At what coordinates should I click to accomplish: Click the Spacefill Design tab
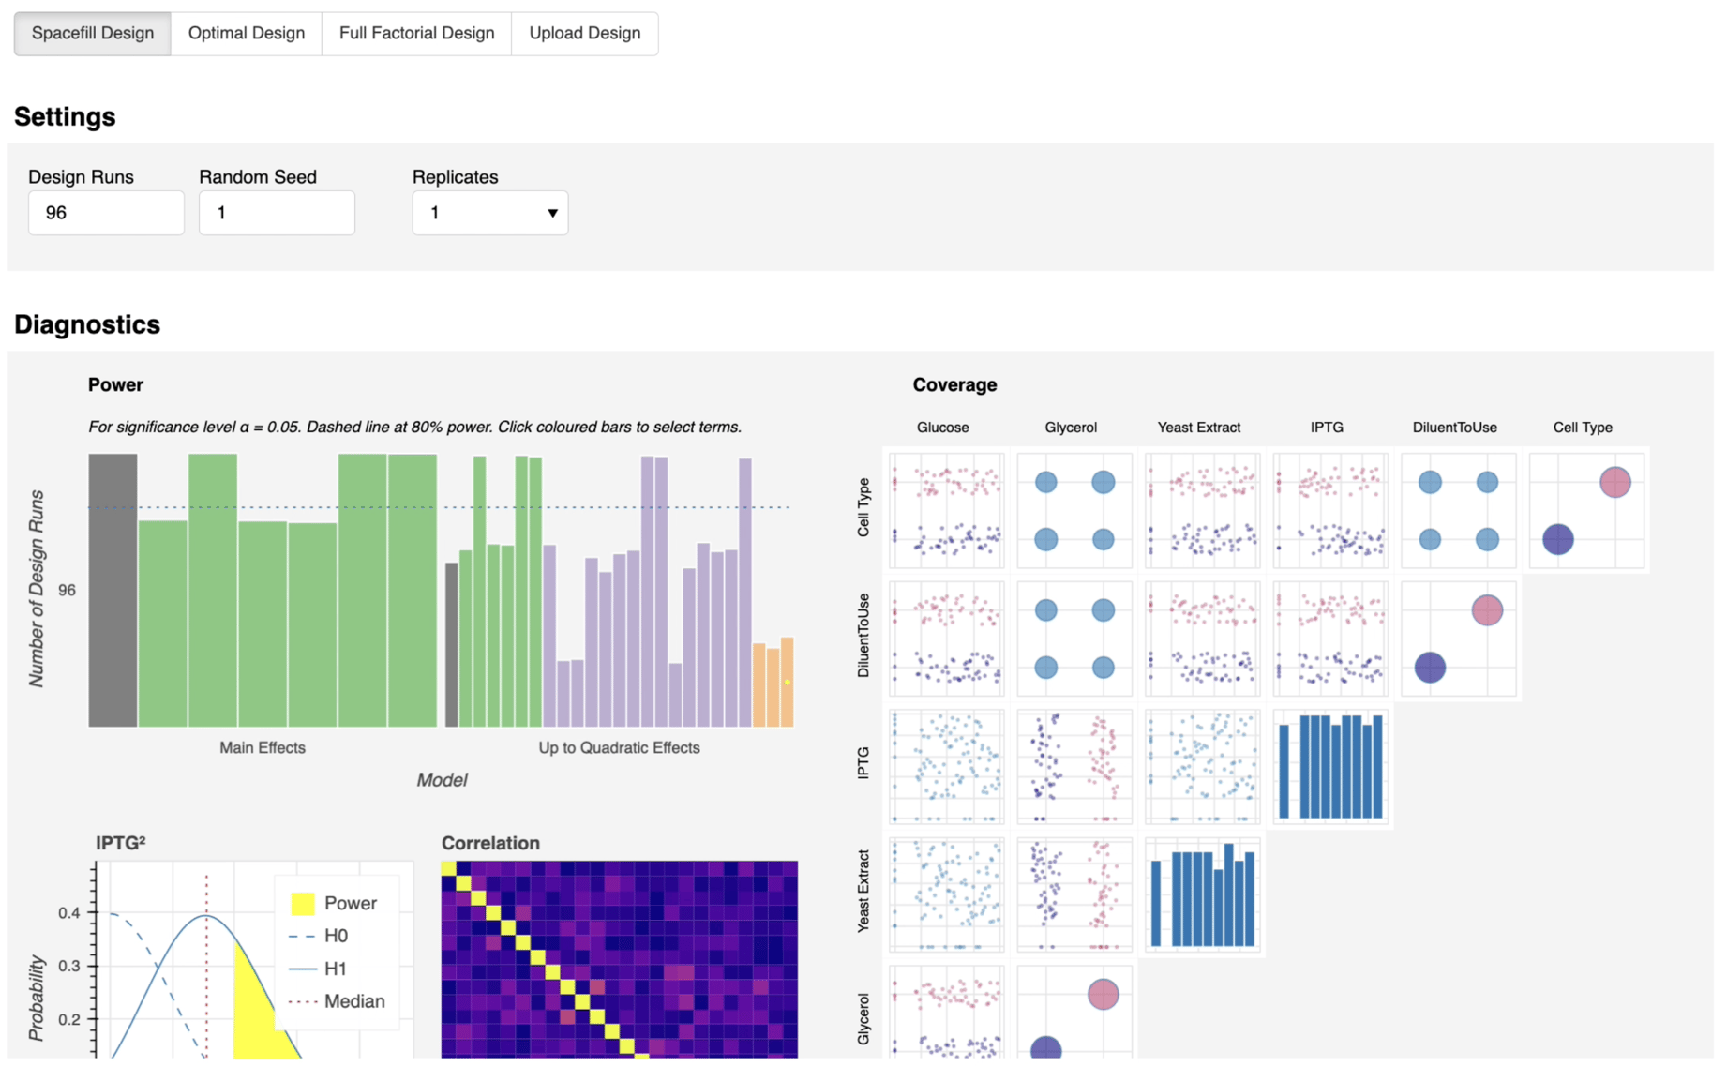92,34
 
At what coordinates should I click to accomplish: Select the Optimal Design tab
246,34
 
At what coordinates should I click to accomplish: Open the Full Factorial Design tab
416,34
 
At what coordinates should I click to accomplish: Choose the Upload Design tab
584,34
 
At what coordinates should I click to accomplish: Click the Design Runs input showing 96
106,213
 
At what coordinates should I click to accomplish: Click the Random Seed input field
277,213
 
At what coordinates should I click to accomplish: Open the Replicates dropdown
489,213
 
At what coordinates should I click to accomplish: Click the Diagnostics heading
87,324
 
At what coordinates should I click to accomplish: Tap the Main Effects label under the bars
263,747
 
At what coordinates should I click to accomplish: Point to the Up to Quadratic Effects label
619,747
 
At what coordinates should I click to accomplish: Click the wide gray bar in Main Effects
113,591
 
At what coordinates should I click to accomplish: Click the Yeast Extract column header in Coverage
1198,428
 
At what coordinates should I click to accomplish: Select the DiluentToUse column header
1454,428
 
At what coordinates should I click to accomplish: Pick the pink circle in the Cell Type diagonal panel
1614,482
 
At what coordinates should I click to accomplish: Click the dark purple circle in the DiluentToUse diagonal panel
1430,668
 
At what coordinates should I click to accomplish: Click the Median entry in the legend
353,1001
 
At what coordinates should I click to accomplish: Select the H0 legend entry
335,936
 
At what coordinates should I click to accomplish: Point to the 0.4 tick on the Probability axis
69,912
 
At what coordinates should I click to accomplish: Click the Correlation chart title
490,843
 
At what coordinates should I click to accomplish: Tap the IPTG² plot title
120,843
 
